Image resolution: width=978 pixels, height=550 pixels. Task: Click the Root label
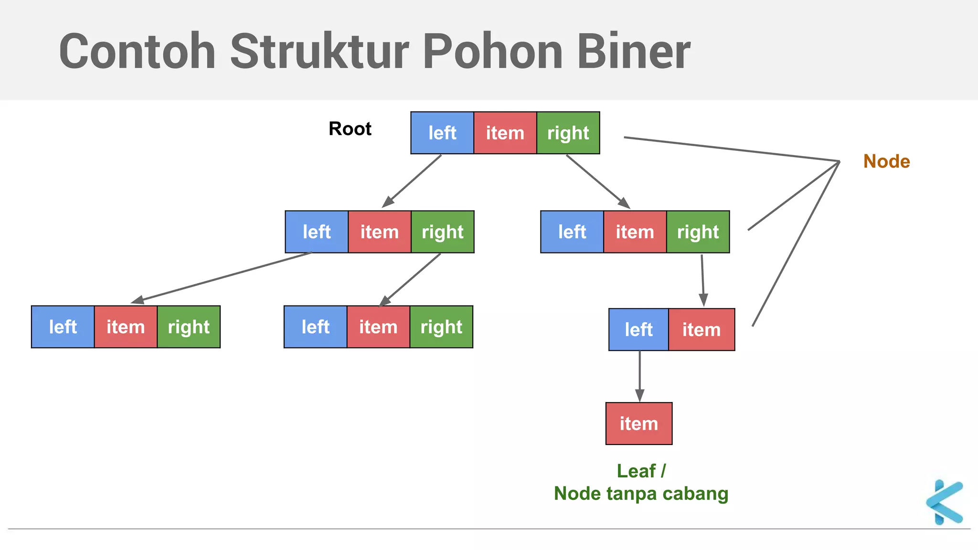tap(350, 129)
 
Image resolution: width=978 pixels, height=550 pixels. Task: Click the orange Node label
tap(886, 161)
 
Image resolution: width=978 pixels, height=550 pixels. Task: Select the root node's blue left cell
tap(442, 133)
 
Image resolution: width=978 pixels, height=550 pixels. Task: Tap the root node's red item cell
tap(505, 133)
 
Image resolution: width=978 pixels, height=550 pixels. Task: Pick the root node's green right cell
tap(568, 133)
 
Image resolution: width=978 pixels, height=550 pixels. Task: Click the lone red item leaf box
tap(639, 423)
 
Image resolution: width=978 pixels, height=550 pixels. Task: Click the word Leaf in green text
tap(636, 471)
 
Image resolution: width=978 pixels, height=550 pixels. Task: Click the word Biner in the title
tap(633, 52)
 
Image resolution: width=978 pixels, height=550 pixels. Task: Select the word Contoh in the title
tap(137, 52)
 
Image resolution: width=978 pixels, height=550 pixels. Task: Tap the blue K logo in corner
tap(945, 502)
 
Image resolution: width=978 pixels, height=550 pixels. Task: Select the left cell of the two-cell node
tap(638, 329)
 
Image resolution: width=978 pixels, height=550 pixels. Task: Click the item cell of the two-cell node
tap(701, 329)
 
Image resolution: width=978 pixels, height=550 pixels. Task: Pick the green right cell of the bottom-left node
tap(189, 327)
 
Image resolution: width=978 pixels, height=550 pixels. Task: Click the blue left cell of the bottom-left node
tap(63, 327)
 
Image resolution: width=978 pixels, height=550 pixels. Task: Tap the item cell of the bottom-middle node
tap(378, 327)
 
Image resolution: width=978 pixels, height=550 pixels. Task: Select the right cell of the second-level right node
tap(698, 232)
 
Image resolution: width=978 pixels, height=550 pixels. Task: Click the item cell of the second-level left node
tap(379, 232)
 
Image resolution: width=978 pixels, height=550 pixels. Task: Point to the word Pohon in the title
tap(492, 52)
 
